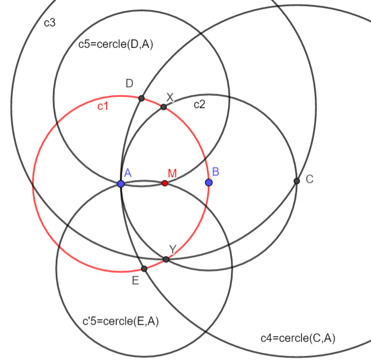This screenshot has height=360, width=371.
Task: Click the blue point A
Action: coord(121,184)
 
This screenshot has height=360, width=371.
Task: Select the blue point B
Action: coord(209,182)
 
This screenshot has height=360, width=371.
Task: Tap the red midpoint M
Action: coord(165,183)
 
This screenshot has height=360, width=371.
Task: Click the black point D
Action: coord(141,98)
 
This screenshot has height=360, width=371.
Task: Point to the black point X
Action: coord(163,107)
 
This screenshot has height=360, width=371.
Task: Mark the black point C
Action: coord(297,181)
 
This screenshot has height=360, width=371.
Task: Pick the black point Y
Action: coord(166,259)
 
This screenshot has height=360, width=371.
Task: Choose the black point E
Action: coord(144,269)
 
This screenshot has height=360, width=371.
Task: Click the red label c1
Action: coord(103,106)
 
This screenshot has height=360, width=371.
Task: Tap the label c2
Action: coord(200,104)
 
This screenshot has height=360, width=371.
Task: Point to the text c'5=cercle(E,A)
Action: coord(120,322)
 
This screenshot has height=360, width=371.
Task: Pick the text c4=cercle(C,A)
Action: coord(298,337)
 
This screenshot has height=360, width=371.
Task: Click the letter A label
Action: coord(128,174)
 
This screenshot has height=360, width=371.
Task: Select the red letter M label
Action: coord(172,173)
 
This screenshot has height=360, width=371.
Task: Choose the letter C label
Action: coord(310,179)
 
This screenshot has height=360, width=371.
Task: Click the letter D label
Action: coord(129,84)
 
